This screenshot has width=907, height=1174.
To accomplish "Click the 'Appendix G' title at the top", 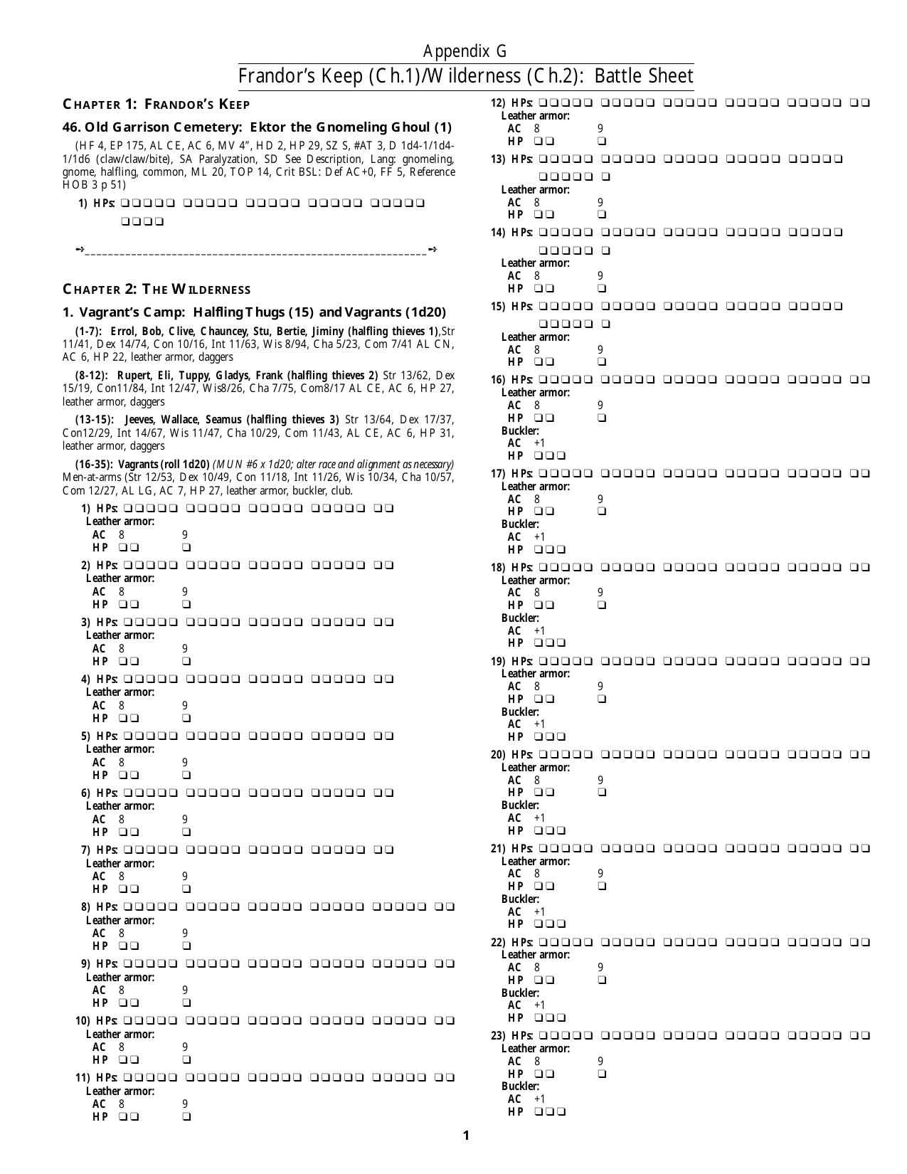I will [x=465, y=51].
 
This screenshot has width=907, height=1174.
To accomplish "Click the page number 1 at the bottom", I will [x=466, y=1136].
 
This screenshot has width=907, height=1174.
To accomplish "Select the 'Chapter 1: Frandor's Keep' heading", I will [x=157, y=105].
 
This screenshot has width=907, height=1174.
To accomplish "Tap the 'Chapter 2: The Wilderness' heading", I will [x=157, y=290].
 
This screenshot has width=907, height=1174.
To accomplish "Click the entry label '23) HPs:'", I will [x=512, y=1036].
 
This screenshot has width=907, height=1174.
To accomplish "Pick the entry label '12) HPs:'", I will [x=512, y=102].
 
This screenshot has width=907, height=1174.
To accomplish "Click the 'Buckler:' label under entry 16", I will [x=520, y=430].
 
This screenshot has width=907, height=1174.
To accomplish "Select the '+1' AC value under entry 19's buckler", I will [x=539, y=724].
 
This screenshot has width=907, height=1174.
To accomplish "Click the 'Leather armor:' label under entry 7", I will [x=120, y=863].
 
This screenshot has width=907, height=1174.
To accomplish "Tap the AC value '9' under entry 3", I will [x=185, y=648].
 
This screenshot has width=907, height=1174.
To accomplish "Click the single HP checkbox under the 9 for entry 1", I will [x=186, y=548].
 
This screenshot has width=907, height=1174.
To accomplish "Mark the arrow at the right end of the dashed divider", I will [x=433, y=250].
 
